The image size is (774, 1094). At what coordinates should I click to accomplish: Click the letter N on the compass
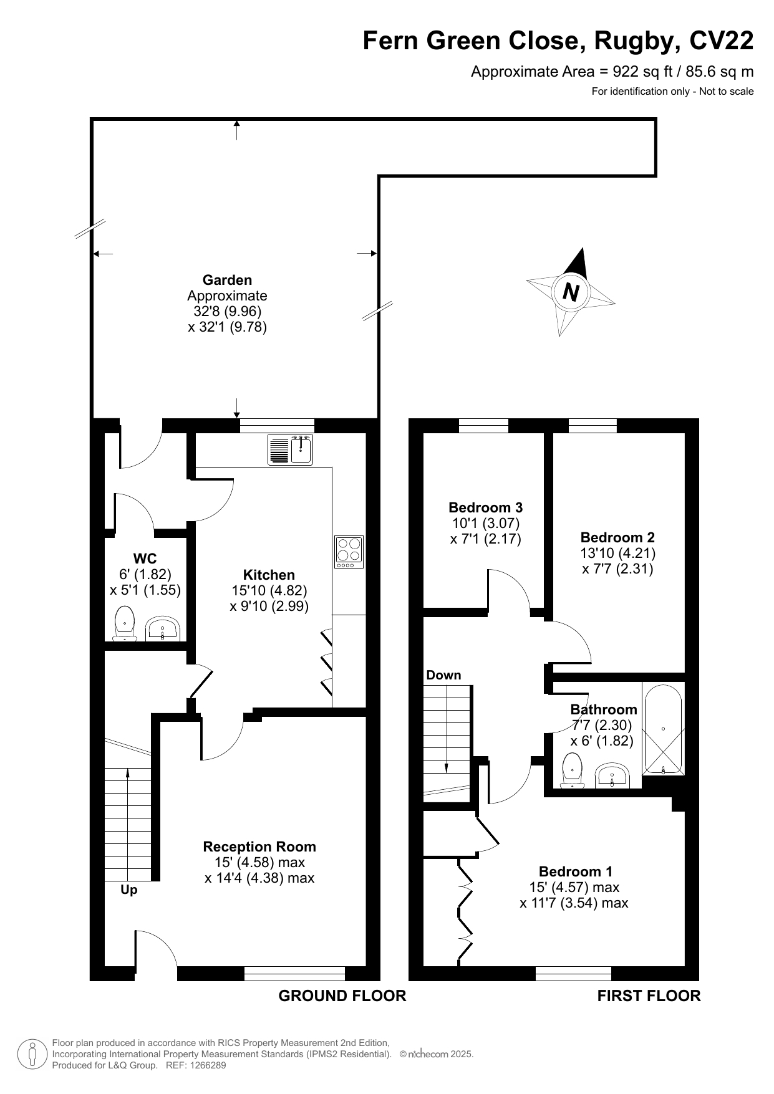tap(571, 291)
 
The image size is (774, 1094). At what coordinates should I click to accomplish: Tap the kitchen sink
tap(291, 449)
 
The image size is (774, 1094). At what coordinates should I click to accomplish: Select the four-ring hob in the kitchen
tap(349, 552)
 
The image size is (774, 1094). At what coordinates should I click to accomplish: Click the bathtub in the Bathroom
tap(664, 729)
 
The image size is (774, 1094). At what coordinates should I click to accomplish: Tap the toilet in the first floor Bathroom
tap(572, 770)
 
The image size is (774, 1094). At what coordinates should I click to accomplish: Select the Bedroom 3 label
tap(485, 507)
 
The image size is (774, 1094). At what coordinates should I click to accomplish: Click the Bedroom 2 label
tap(617, 537)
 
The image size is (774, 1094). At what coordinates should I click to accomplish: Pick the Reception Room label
tap(259, 847)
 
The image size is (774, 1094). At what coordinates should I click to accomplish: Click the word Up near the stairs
tap(129, 890)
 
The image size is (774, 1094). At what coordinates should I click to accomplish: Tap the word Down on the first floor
tap(443, 675)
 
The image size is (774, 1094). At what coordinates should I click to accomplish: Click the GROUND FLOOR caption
tap(342, 996)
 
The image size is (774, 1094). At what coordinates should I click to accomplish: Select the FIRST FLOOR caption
tap(649, 996)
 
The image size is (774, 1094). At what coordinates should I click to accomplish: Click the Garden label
tap(227, 281)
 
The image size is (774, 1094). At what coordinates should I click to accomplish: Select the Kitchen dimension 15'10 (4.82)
tap(269, 590)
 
